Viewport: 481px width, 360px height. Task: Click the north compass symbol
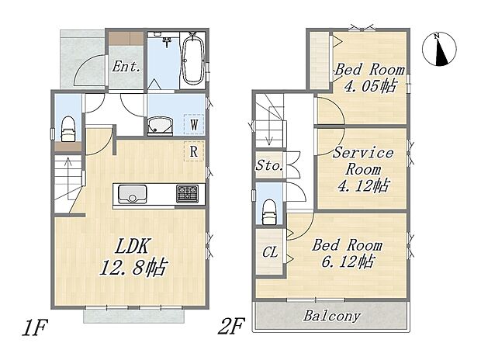point(439,49)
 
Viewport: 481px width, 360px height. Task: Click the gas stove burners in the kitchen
point(187,194)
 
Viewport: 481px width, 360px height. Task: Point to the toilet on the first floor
point(68,129)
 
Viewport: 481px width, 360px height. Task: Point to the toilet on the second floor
point(269,212)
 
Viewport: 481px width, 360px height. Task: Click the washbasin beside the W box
point(160,126)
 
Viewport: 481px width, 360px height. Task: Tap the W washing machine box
point(194,124)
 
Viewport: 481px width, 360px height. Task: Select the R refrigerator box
point(194,151)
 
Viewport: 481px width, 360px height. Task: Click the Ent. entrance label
point(126,66)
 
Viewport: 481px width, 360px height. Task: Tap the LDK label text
point(132,246)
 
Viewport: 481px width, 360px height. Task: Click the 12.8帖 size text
point(133,267)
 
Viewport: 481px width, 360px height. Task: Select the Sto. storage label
point(269,166)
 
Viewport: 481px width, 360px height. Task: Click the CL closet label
point(270,252)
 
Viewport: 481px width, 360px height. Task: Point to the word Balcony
point(332,316)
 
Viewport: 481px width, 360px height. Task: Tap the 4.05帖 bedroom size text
point(370,86)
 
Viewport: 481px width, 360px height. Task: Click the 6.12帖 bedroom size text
point(348,261)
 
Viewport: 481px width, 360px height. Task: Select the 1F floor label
point(34,327)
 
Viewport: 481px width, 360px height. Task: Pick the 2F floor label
point(232,326)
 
